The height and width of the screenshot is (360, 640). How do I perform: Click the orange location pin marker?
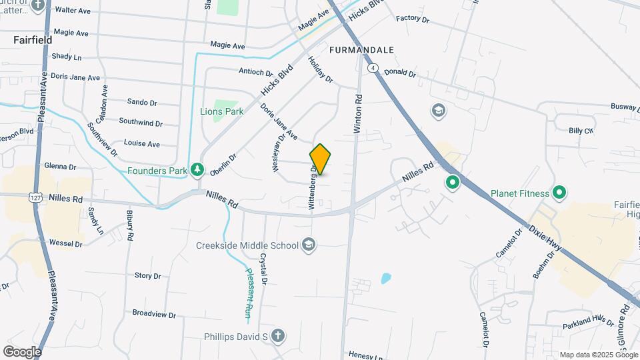[320, 159]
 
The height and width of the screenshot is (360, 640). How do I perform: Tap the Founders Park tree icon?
[197, 171]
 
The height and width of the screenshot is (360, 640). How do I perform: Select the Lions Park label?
[222, 112]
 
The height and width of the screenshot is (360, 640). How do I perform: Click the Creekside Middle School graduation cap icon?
[308, 245]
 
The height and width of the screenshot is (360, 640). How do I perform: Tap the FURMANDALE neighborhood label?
[361, 50]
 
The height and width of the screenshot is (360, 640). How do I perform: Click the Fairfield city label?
[33, 40]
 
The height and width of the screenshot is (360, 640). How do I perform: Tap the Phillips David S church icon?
[277, 336]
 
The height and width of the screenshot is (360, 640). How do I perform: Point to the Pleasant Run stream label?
[249, 291]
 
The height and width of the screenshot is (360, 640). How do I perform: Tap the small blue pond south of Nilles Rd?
[386, 279]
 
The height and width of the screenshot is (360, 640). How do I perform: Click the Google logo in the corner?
[22, 351]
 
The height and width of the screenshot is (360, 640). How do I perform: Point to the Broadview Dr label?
[153, 313]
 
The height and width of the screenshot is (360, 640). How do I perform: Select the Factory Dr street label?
[412, 19]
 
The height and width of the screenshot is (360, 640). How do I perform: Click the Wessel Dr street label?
[65, 244]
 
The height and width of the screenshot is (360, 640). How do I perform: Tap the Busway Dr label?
[626, 106]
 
